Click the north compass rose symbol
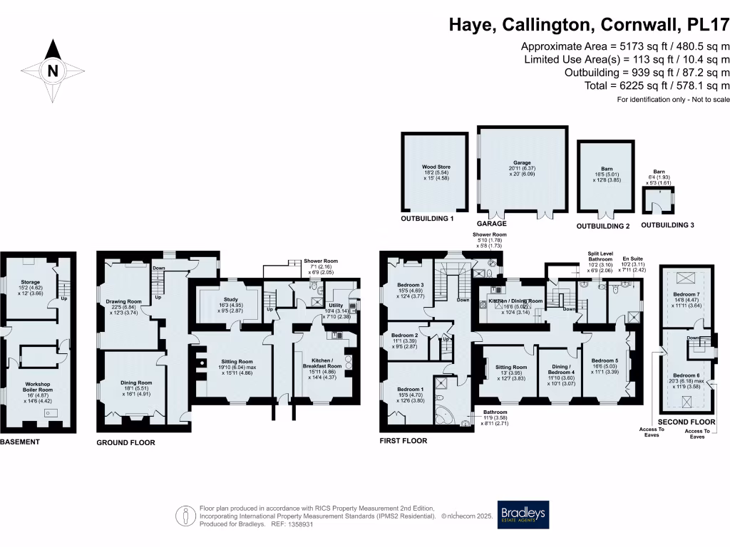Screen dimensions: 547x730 click(x=52, y=70)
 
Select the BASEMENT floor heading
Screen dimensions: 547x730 click(x=20, y=442)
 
